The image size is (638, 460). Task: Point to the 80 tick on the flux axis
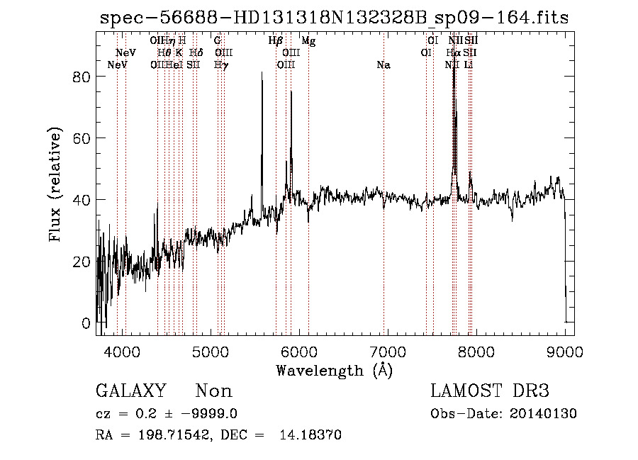pos(82,77)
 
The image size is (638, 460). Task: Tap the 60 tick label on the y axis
pos(82,138)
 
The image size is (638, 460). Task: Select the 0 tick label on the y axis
pos(86,323)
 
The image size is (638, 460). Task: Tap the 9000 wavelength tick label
pos(564,351)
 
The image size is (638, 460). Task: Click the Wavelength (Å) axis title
pos(334,370)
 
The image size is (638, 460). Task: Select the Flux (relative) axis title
pos(56,184)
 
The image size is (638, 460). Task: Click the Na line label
pos(384,65)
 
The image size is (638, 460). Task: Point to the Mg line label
pos(308,41)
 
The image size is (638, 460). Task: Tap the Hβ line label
pos(276,41)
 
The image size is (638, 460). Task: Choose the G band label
pos(218,41)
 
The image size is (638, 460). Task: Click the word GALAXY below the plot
pos(130,391)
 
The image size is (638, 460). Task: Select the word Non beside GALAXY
pos(213,391)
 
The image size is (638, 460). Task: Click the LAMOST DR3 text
pos(489,391)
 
